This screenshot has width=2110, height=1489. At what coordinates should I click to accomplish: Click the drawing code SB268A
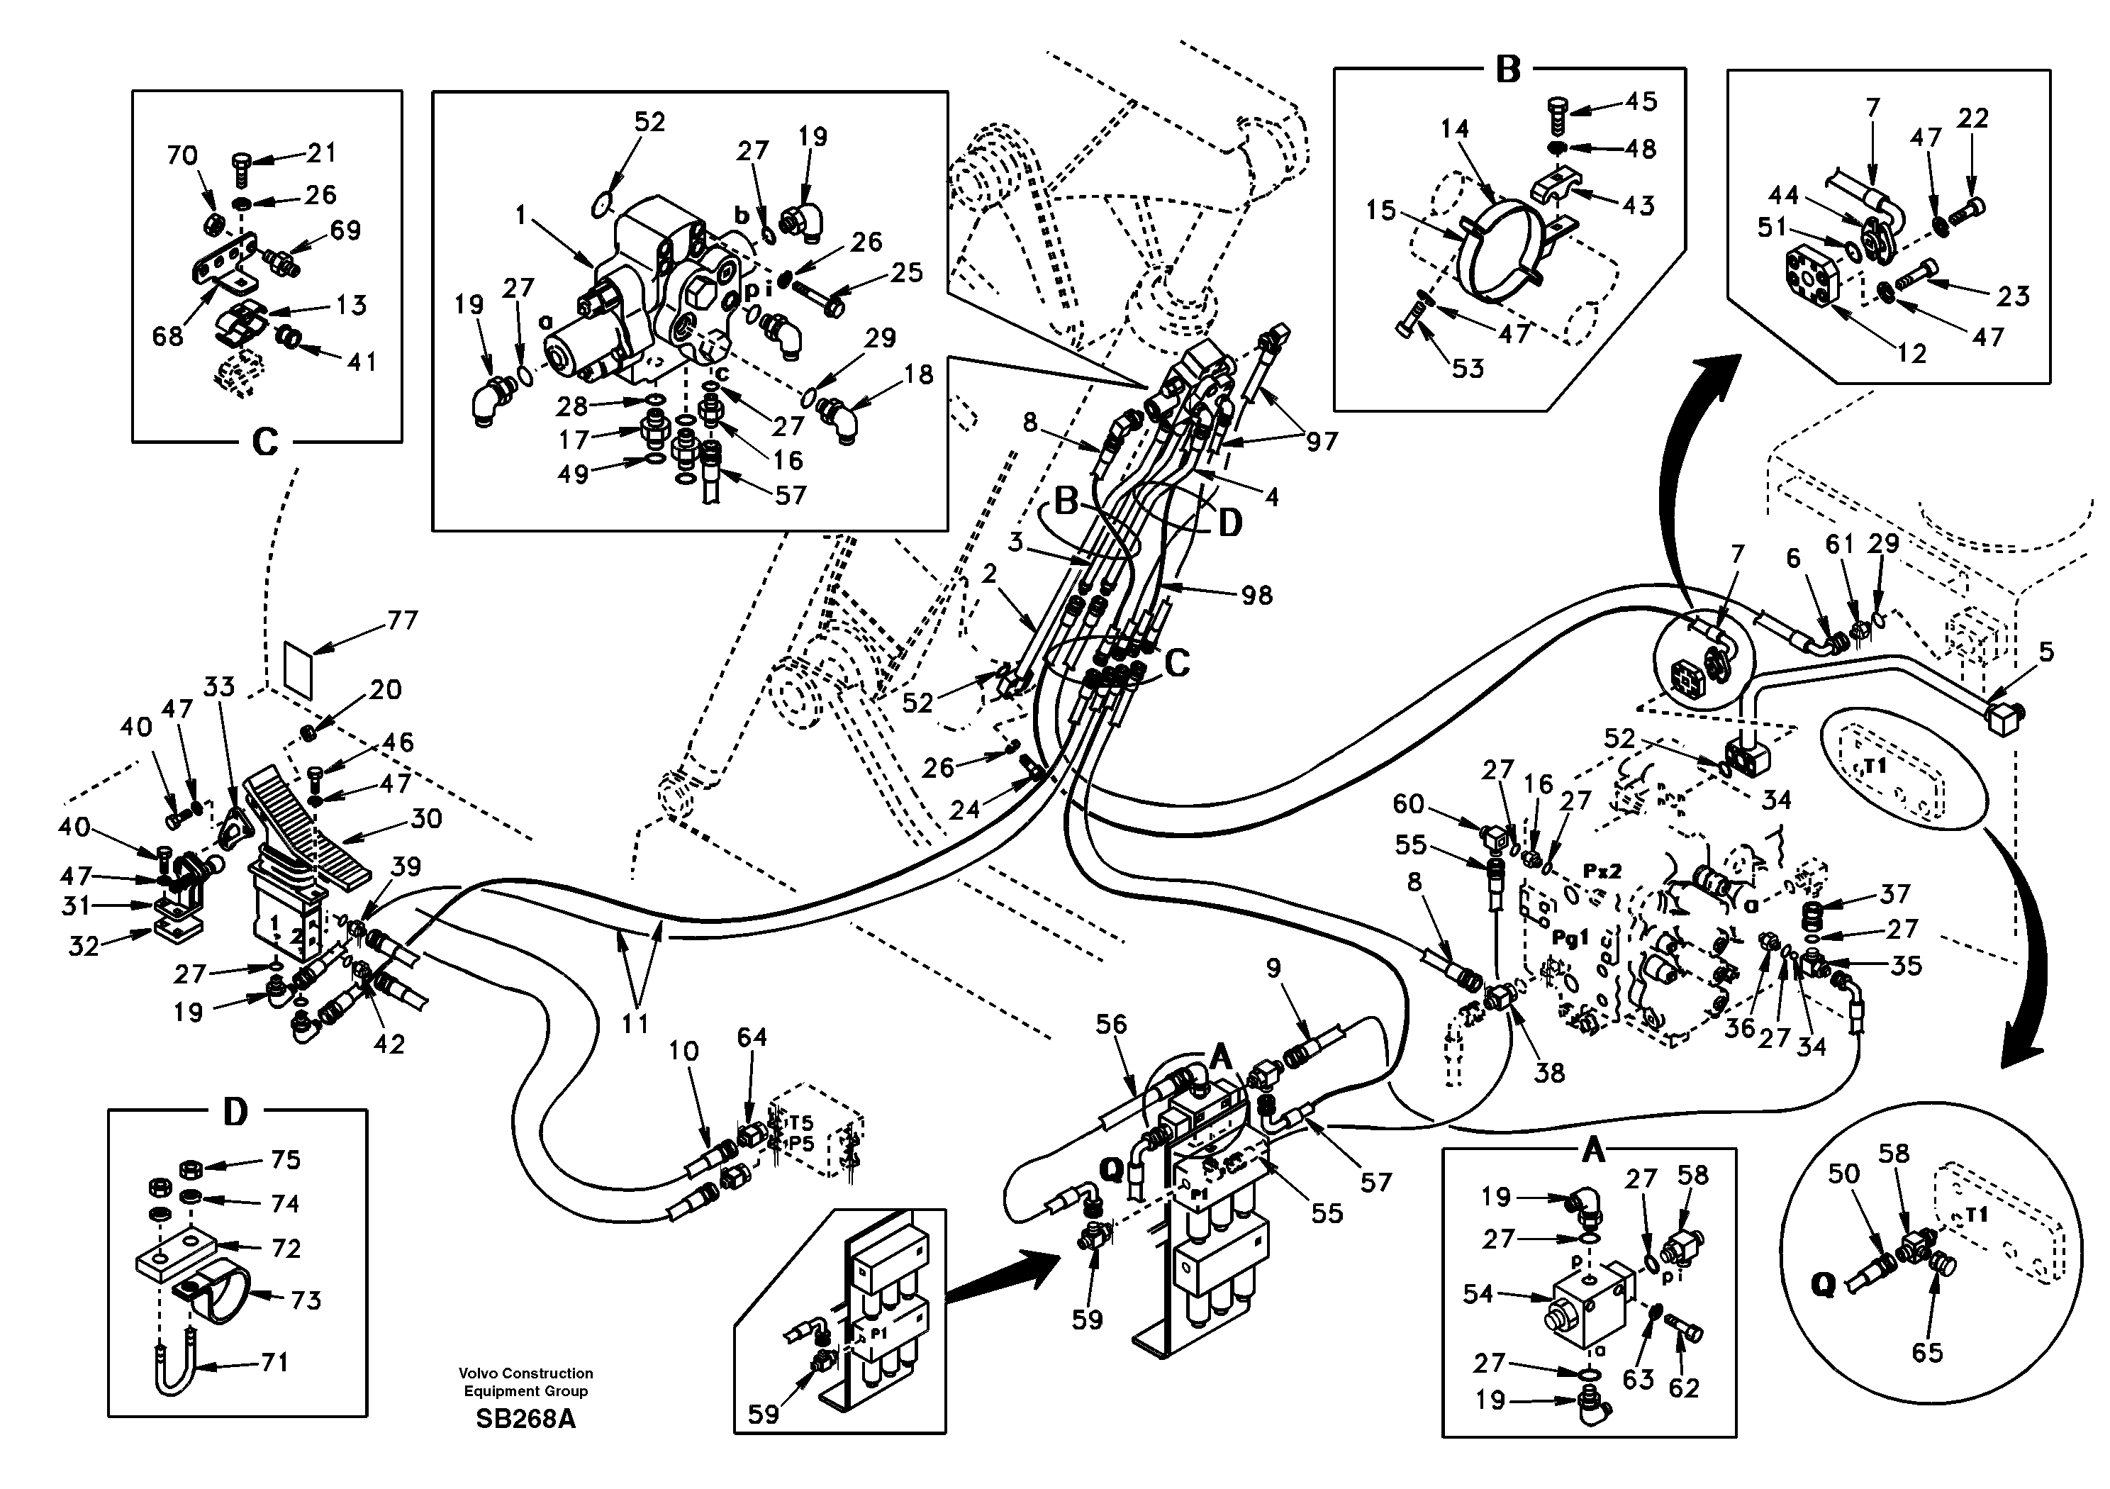[525, 1419]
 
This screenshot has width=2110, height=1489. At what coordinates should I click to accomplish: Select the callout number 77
[401, 621]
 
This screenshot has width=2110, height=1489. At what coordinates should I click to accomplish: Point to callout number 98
[1256, 596]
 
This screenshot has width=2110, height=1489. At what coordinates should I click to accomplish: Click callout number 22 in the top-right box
[1973, 118]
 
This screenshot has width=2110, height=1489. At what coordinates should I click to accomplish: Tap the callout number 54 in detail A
[1478, 1294]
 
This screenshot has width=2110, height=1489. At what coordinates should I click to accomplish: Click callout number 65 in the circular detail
[1927, 1352]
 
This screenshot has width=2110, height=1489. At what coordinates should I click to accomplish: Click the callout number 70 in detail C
[182, 155]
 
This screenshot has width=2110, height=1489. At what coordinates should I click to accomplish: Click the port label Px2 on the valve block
[1602, 869]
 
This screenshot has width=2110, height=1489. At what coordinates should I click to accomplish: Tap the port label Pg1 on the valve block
[1570, 939]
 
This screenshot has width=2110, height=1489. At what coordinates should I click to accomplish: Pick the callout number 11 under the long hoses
[636, 1023]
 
